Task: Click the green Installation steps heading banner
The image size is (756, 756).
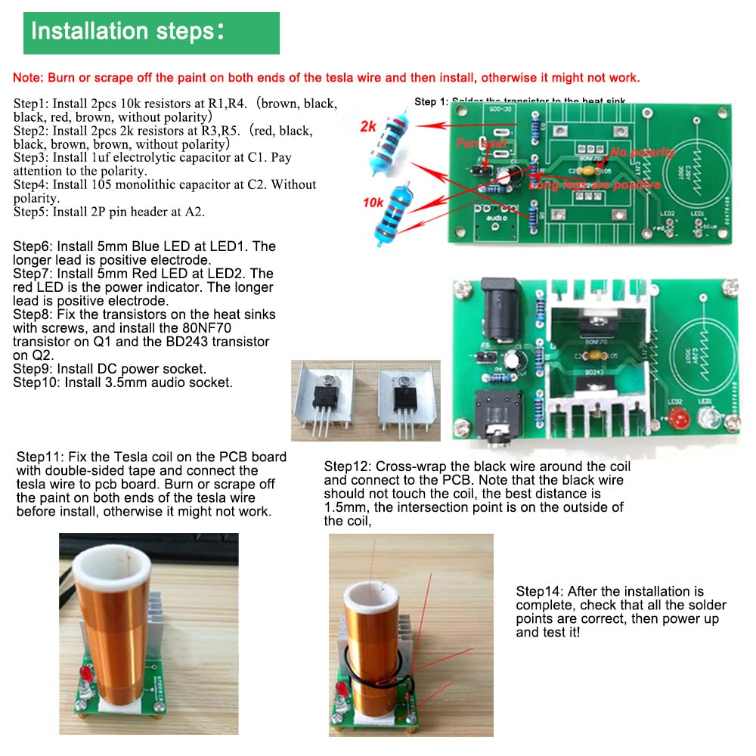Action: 151,33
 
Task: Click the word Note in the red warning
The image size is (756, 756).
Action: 27,78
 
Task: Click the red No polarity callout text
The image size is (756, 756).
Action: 641,152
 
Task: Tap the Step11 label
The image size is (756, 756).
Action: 40,457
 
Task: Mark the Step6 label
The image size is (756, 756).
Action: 34,246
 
